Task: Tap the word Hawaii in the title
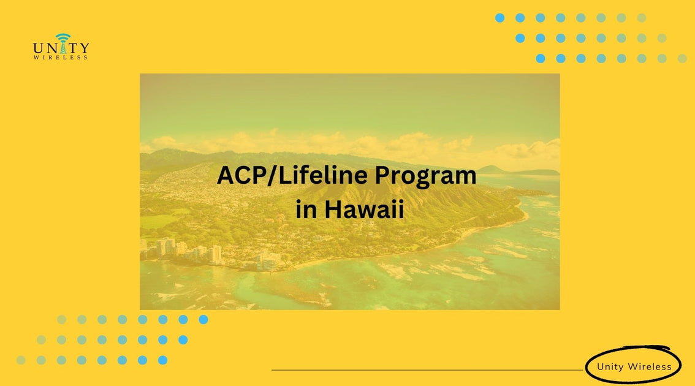pyautogui.click(x=364, y=210)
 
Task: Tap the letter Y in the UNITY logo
pyautogui.click(x=84, y=48)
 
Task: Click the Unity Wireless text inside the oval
pyautogui.click(x=634, y=368)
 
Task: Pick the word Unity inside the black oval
pyautogui.click(x=610, y=368)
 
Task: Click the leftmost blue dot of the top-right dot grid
pyautogui.click(x=499, y=18)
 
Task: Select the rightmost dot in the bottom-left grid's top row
pyautogui.click(x=203, y=319)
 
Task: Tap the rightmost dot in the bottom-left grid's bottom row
pyautogui.click(x=162, y=360)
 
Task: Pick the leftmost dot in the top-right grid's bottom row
pyautogui.click(x=540, y=58)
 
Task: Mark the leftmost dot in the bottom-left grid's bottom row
pyautogui.click(x=21, y=360)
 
